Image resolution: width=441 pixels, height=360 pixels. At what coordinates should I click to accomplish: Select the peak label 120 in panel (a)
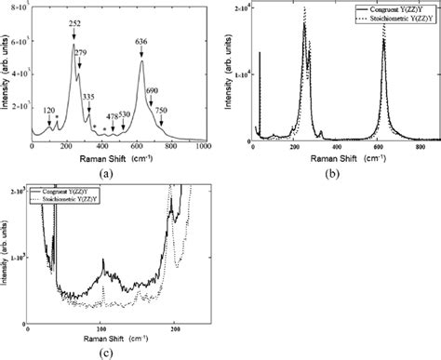coord(49,110)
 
